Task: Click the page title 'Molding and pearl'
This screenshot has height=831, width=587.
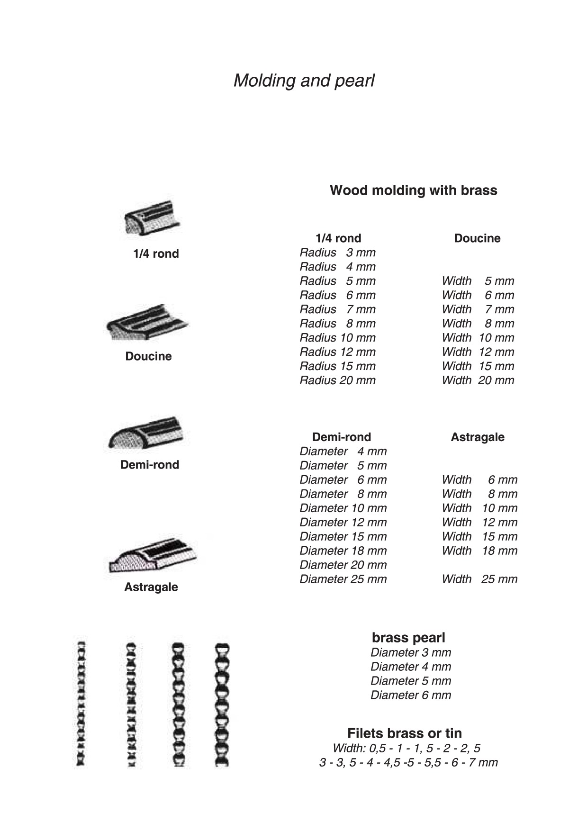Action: (304, 81)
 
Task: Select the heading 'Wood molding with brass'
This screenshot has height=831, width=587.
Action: (413, 190)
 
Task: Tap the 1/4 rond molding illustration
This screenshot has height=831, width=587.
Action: (152, 218)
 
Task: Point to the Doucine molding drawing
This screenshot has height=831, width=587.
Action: (147, 322)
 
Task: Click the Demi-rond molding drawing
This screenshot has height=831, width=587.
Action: (146, 433)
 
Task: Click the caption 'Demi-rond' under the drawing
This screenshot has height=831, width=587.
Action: (150, 465)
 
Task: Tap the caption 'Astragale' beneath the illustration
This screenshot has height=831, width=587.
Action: (151, 587)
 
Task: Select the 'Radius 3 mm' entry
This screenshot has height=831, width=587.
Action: (337, 253)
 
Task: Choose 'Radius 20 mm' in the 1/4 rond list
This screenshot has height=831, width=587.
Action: (337, 380)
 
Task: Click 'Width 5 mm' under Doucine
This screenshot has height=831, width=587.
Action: (478, 281)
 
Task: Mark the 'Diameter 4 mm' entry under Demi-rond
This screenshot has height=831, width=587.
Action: (343, 452)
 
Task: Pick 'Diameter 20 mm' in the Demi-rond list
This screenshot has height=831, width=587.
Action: (343, 565)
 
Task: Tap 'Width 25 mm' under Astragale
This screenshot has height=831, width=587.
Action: (479, 579)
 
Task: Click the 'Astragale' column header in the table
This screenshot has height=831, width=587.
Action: (477, 437)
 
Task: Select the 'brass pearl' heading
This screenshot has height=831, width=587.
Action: (408, 638)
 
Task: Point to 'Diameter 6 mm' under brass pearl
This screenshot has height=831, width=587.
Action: (410, 695)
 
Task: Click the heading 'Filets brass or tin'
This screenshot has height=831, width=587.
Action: (404, 733)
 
